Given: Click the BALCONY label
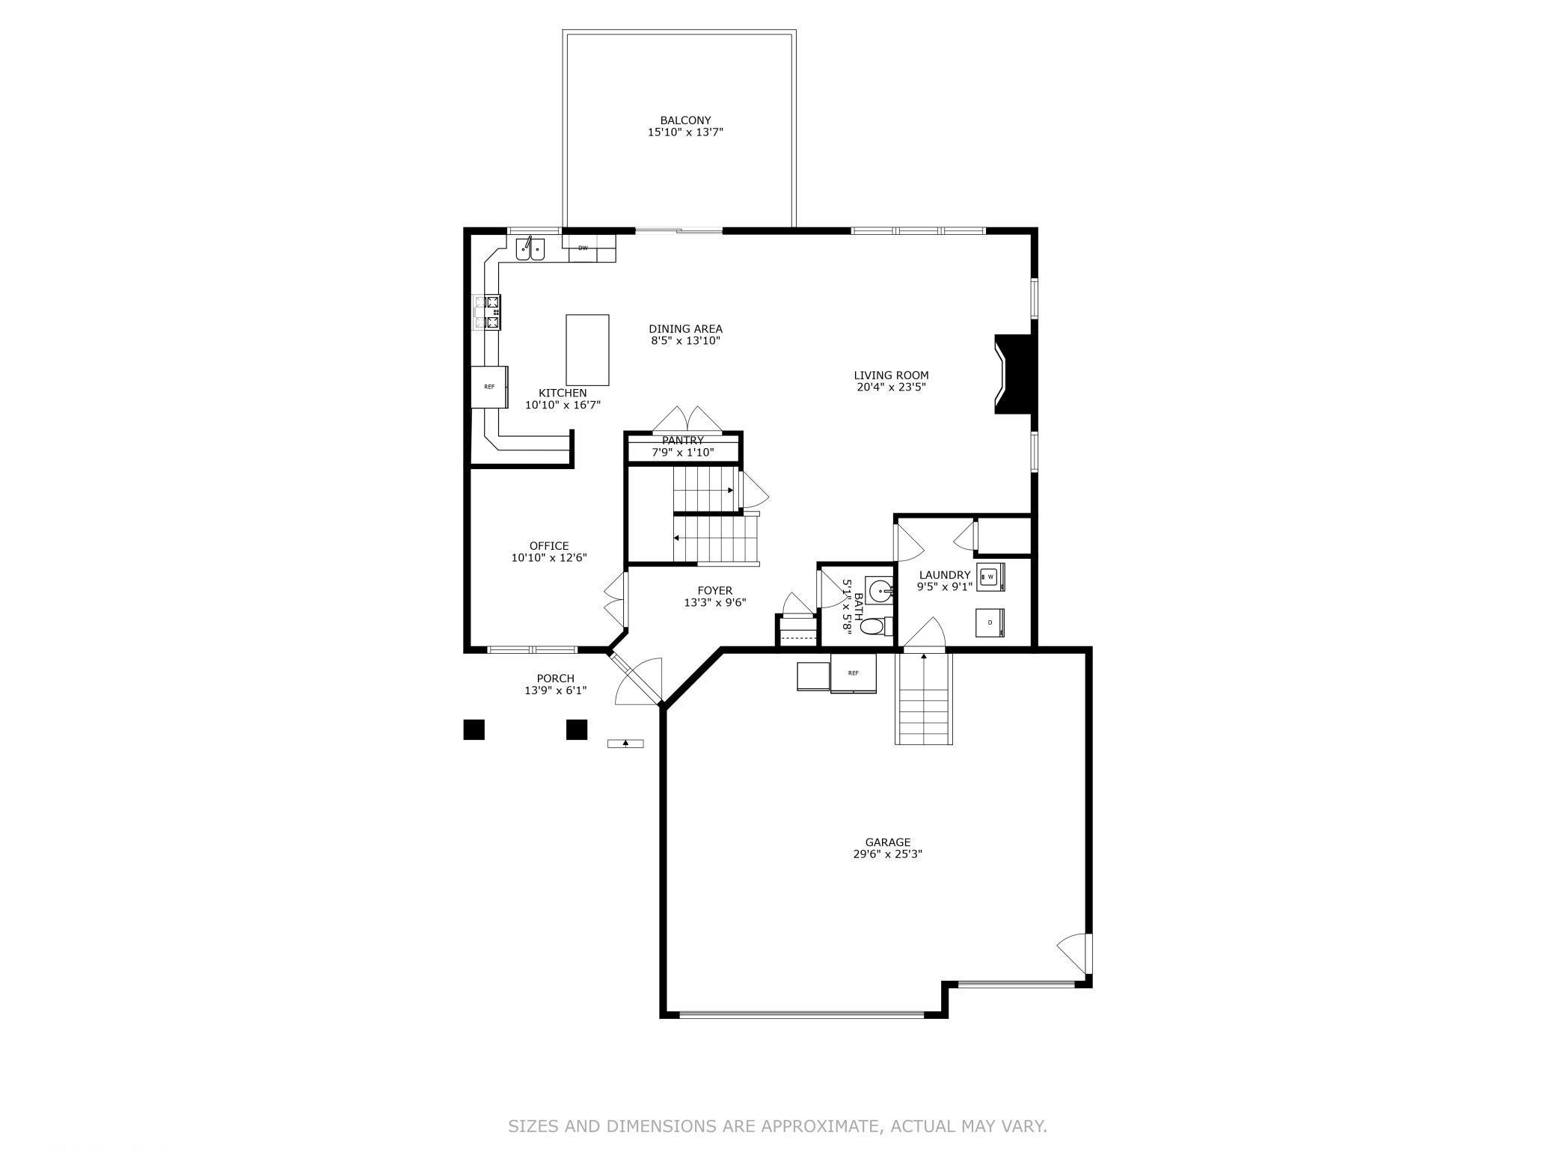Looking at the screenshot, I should [685, 120].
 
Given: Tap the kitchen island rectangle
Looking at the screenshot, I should [587, 349].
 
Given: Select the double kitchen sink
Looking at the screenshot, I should [530, 249].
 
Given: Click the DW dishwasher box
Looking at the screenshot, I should [583, 248].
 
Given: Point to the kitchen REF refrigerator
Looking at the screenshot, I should [489, 387].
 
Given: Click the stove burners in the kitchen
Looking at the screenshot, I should [487, 313].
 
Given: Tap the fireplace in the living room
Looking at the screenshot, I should [1015, 373].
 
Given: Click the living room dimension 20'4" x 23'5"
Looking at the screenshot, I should [891, 388].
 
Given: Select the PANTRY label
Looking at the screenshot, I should [682, 441].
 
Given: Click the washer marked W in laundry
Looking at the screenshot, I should [990, 577].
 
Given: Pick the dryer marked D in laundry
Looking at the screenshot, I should [990, 622].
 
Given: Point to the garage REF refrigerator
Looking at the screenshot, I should [854, 673].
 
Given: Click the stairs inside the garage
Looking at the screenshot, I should [924, 703].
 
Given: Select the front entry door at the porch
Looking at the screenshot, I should [634, 679].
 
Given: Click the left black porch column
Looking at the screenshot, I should [474, 729].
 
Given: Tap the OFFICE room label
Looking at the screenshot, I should [549, 546].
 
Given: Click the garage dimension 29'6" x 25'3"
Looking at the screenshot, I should [887, 854].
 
